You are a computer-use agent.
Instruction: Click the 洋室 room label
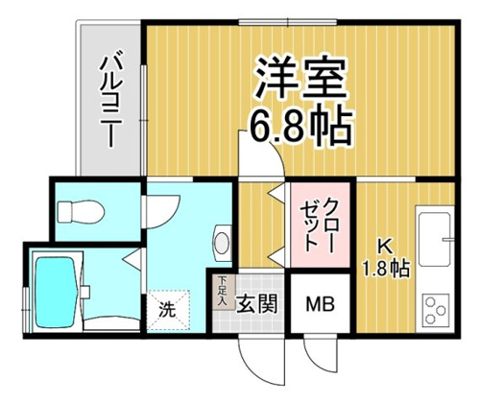(x=300, y=77)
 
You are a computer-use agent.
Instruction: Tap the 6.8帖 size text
(x=300, y=126)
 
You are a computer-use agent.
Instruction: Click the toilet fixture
(x=81, y=211)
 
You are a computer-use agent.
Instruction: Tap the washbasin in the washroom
(x=222, y=241)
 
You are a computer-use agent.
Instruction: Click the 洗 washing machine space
(x=168, y=310)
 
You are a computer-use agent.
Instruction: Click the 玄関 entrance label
(x=256, y=303)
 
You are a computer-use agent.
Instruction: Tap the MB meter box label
(x=320, y=304)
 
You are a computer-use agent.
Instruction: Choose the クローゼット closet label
(x=320, y=225)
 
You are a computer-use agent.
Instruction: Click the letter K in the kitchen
(x=385, y=247)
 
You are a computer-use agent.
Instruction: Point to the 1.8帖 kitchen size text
(x=386, y=269)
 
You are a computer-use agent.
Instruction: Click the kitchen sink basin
(x=435, y=238)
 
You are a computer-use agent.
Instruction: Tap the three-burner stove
(x=436, y=310)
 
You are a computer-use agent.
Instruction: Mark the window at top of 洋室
(x=288, y=22)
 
